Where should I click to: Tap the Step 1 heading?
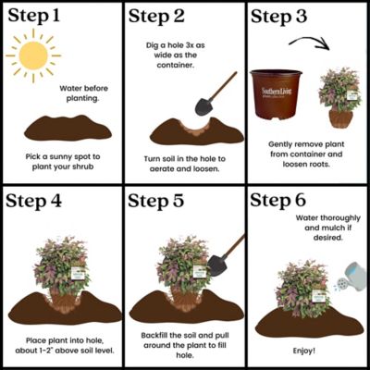[x=36, y=17]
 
